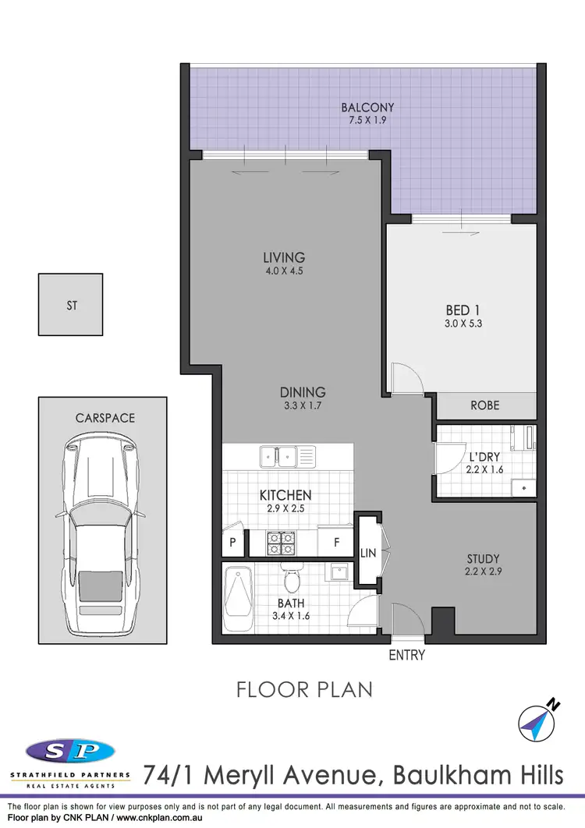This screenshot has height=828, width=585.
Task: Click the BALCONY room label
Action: click(367, 108)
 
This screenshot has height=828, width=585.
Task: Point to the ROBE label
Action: click(484, 405)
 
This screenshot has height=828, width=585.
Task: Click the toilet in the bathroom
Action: click(292, 580)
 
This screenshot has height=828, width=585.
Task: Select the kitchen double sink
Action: click(278, 453)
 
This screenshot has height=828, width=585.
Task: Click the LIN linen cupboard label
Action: click(368, 553)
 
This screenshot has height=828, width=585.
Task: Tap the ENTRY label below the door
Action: click(407, 655)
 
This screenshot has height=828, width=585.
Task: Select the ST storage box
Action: click(71, 306)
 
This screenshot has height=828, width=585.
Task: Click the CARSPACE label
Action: click(105, 418)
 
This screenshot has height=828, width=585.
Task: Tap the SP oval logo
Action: click(70, 752)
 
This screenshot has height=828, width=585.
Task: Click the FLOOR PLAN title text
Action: click(305, 689)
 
